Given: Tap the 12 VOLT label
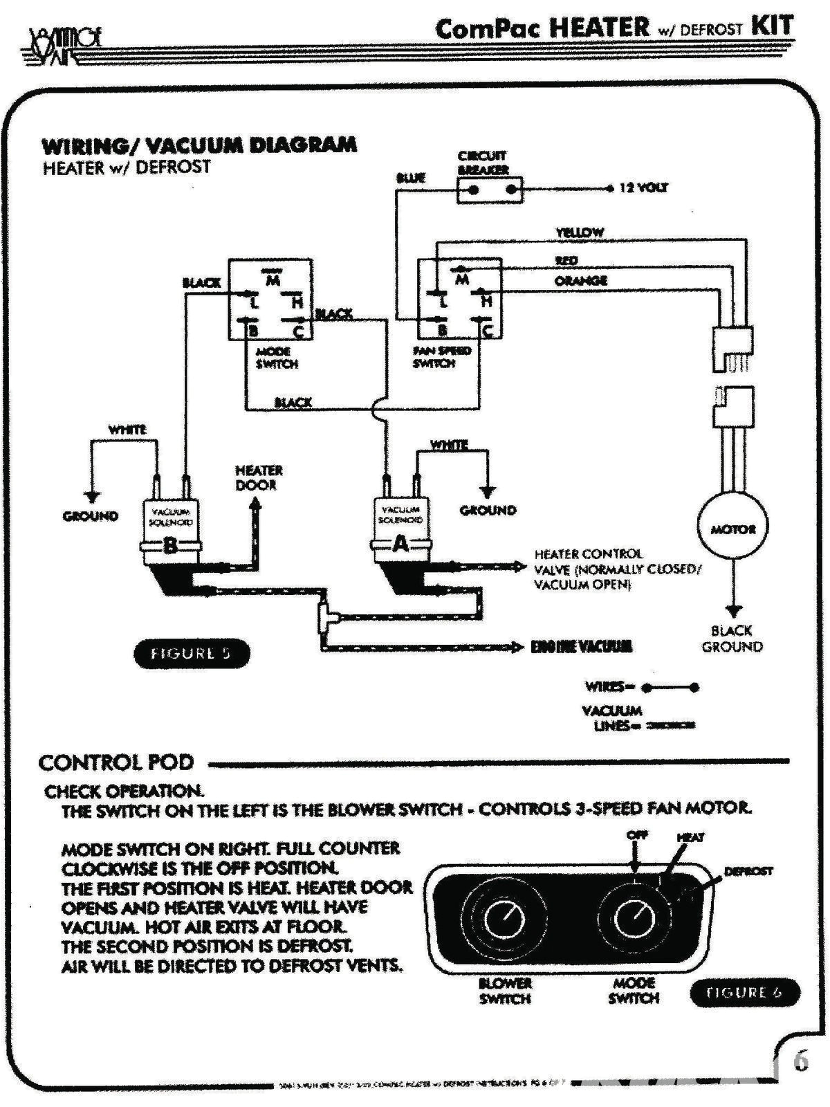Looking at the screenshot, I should point(643,187).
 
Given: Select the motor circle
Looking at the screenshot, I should point(733,529).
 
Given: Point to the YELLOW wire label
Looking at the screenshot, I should point(580,232).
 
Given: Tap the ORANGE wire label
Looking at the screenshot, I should point(580,280).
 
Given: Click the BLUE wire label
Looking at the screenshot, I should point(410,178).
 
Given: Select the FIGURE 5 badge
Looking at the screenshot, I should point(191,653).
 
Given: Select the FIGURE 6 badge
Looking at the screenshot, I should point(744,992).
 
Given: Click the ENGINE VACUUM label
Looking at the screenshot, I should point(581,647).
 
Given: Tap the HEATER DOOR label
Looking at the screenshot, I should point(259,477).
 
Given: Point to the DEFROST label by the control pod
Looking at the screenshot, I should point(748,871).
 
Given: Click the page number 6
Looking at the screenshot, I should point(801,1061).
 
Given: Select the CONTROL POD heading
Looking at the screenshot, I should point(116,762).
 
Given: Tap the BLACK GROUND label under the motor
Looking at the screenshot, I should point(732,639).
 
